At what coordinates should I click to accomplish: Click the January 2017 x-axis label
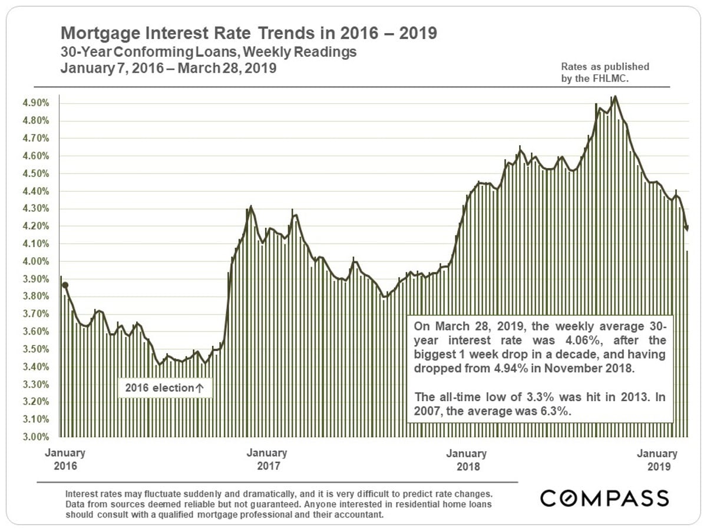click(266, 460)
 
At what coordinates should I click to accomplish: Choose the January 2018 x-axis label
click(466, 460)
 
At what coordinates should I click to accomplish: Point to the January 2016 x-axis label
click(65, 460)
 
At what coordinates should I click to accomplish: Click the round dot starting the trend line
click(65, 285)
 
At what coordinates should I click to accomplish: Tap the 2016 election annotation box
click(164, 388)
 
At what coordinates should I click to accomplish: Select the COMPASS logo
click(604, 497)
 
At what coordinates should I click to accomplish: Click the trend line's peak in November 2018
click(615, 96)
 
